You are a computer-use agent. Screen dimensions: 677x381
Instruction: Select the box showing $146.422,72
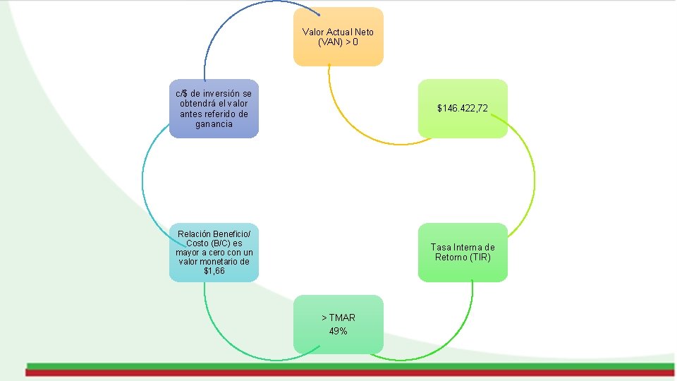[463, 109]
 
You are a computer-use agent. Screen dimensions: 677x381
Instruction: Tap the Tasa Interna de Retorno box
[463, 252]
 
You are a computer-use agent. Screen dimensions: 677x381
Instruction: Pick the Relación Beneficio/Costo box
[214, 252]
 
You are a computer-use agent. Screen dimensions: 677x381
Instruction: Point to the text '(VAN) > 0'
[338, 42]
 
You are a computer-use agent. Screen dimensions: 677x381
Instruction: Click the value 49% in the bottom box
[338, 331]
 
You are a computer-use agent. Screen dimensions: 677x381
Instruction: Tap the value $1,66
[214, 271]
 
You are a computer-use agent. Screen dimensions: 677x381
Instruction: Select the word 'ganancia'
[214, 124]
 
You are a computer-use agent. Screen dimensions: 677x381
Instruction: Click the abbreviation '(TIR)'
[479, 257]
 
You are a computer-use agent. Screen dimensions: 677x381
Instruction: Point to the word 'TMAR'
[341, 317]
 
